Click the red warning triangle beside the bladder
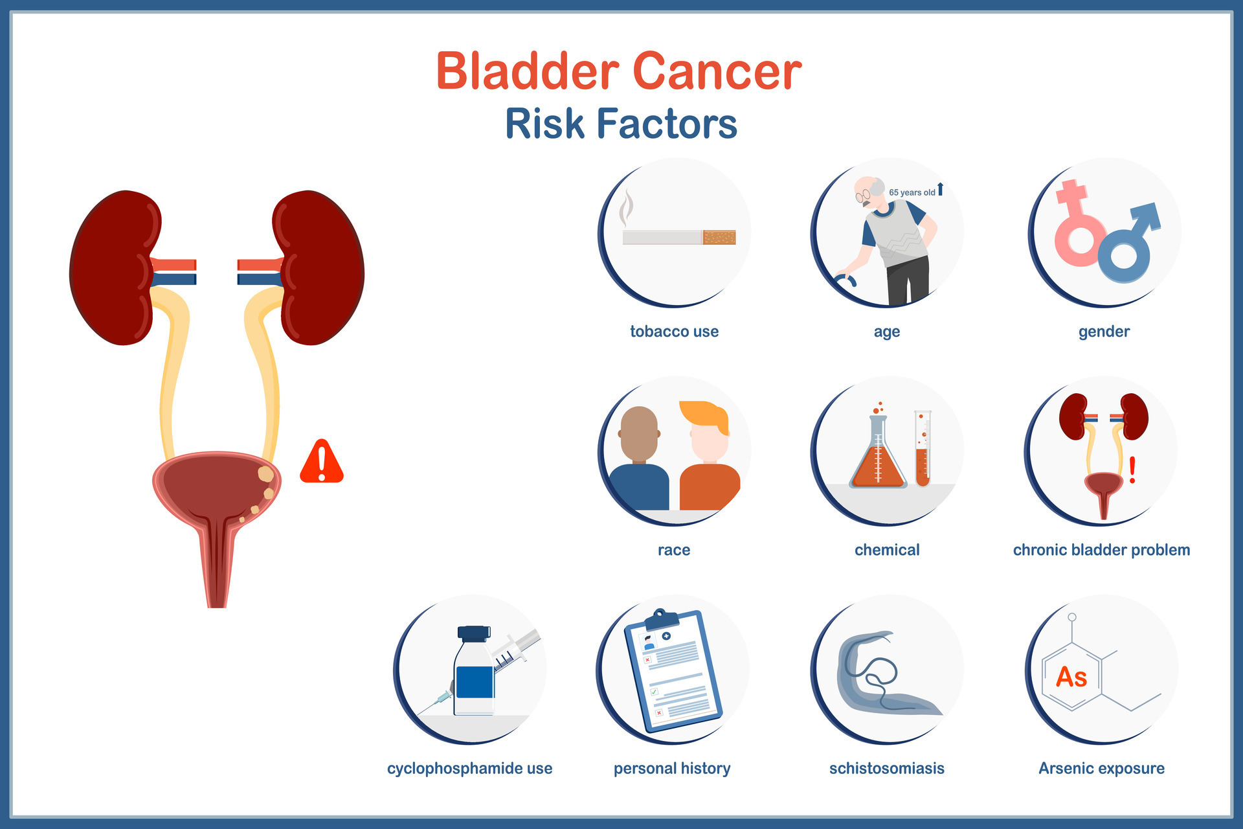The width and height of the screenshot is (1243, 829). (322, 462)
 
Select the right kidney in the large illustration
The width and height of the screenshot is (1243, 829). (319, 267)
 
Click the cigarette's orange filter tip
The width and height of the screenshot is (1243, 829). (719, 237)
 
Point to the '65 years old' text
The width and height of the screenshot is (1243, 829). (912, 192)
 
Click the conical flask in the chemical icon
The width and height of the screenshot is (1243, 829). (878, 460)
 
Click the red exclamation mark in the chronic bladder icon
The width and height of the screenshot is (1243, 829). (1132, 470)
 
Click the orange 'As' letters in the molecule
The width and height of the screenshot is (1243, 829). (1071, 677)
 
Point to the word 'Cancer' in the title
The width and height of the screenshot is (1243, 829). (716, 71)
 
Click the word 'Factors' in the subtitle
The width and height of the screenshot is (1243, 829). (667, 124)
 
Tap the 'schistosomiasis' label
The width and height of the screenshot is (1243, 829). (886, 768)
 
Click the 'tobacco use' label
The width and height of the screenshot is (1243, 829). (674, 332)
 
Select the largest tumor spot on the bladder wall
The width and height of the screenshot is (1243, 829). (265, 474)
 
